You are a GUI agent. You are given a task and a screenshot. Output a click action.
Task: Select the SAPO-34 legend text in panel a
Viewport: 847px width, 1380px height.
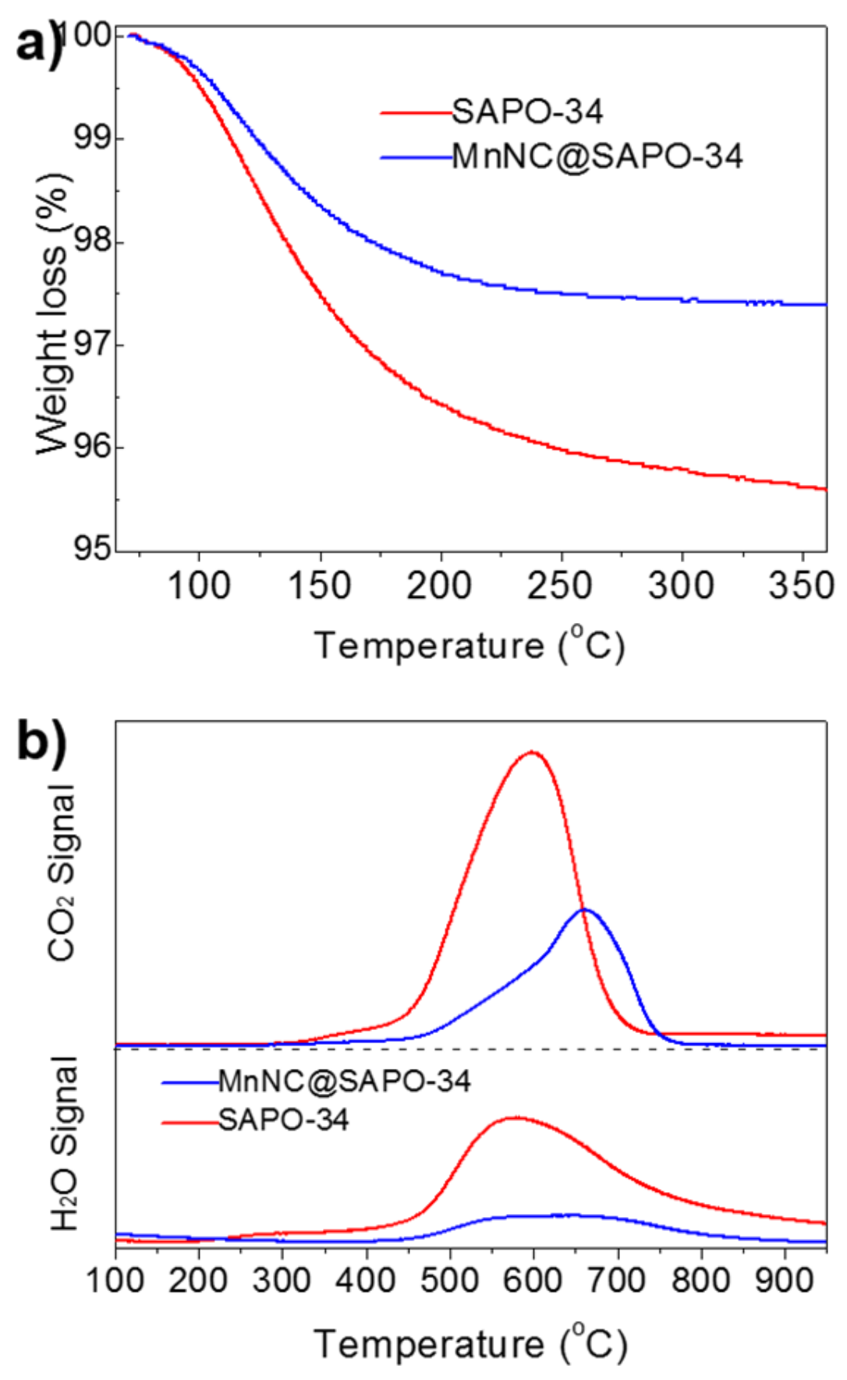coord(527,112)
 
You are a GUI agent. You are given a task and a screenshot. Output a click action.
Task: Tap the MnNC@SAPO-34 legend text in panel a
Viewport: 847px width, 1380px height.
coord(597,157)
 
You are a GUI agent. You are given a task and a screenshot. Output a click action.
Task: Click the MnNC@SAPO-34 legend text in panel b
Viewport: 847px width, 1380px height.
coord(344,1081)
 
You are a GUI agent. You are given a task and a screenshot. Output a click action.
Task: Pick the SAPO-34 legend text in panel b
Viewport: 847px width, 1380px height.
coord(283,1120)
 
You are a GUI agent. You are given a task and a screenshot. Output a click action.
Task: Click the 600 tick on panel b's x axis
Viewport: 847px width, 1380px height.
coord(533,1280)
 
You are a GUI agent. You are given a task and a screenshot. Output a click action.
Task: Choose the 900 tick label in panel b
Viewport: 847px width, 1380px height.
coord(783,1280)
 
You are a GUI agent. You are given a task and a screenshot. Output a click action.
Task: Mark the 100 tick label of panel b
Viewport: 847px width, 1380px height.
coord(115,1280)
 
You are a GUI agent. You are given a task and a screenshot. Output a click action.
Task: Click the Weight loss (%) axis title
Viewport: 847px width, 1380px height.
coord(52,312)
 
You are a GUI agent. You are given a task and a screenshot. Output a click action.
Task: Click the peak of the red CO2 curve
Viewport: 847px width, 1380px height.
coord(533,752)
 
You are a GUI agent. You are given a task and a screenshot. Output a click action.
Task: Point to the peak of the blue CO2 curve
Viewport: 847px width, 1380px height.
coord(584,909)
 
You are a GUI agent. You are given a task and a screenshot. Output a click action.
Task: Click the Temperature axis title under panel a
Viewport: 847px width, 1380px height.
coord(469,646)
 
